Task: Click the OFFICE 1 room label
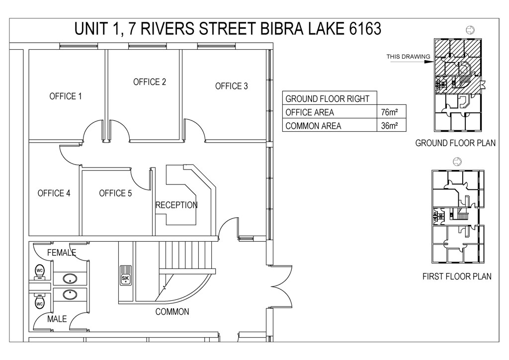(66, 96)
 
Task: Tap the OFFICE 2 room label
(150, 82)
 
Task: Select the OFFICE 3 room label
(232, 86)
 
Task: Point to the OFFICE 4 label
(54, 193)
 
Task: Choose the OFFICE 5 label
(115, 193)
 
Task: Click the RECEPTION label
(176, 205)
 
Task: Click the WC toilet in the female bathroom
(40, 272)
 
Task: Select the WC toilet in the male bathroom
(40, 301)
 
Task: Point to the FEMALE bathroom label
(62, 252)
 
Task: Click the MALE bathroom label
(57, 319)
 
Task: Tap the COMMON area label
(172, 312)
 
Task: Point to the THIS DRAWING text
(408, 57)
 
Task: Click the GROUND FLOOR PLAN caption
(455, 143)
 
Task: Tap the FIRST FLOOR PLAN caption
(457, 276)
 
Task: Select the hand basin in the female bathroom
(70, 278)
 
